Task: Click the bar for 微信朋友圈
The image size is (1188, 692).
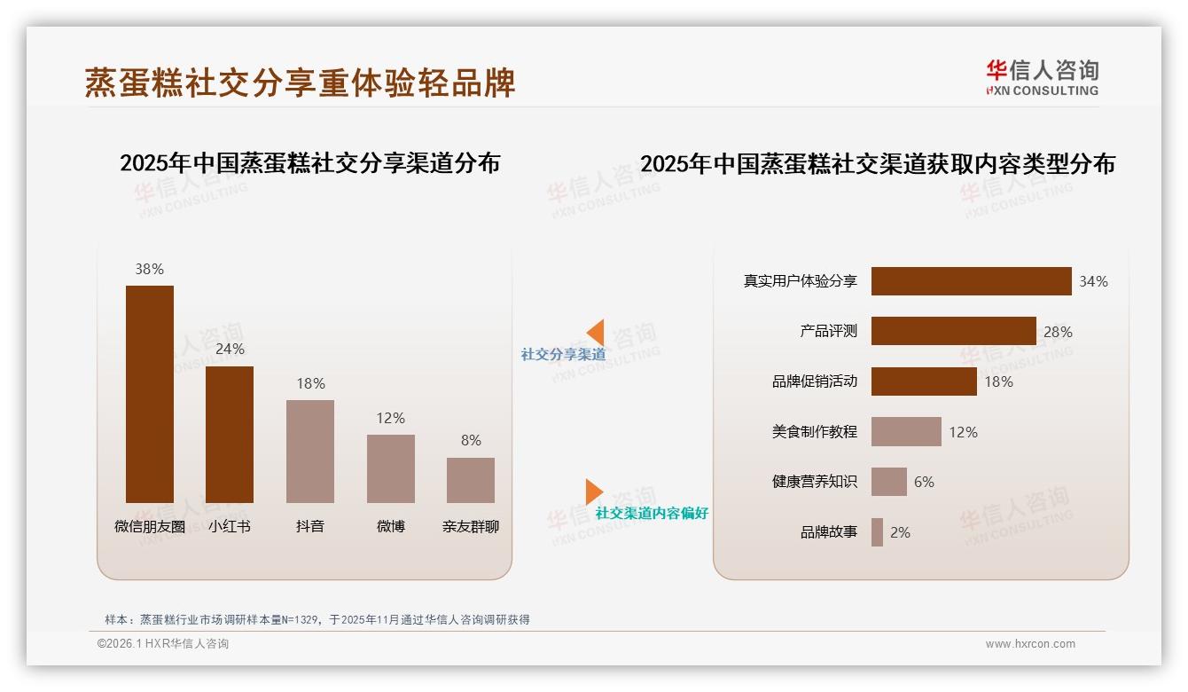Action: [x=150, y=394]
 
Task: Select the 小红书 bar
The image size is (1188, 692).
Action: [x=230, y=434]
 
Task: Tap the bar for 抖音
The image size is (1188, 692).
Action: [x=310, y=451]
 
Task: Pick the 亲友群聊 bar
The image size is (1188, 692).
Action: [x=471, y=480]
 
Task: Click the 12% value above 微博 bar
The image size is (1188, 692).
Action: [x=390, y=418]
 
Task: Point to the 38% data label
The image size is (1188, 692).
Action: [x=150, y=269]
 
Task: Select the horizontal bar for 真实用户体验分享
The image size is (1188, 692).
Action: [x=971, y=281]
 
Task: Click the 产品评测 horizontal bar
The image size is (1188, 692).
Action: [x=953, y=331]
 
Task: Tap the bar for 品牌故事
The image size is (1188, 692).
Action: [x=877, y=532]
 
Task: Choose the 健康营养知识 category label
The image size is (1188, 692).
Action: [x=814, y=482]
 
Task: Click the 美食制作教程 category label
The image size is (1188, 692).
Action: [x=814, y=432]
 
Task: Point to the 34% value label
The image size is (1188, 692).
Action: [x=1093, y=281]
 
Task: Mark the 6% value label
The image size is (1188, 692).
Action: [x=924, y=482]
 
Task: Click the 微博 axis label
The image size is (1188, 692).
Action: [x=390, y=526]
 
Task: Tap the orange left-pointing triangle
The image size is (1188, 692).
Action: [x=595, y=333]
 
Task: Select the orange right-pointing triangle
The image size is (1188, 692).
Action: [x=594, y=491]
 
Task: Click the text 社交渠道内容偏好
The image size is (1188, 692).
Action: [x=652, y=513]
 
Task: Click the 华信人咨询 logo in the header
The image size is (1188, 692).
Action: [x=1042, y=77]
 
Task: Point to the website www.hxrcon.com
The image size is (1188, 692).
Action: [x=1030, y=644]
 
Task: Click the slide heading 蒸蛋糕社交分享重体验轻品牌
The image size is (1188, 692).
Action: [x=300, y=83]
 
